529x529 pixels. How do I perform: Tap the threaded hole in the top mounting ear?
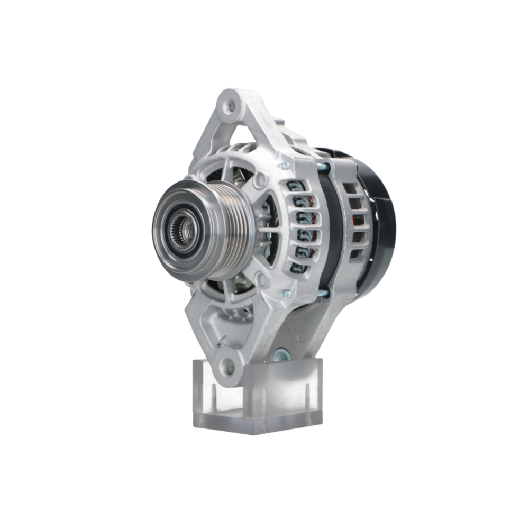point(230,106)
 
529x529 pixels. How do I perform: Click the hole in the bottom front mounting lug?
point(228,364)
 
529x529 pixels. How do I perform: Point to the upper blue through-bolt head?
point(286,166)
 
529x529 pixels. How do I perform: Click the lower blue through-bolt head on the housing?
point(286,294)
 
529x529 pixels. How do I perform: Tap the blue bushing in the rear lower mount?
point(281,355)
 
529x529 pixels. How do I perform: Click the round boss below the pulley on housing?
point(260,279)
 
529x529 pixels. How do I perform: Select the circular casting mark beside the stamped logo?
point(302,336)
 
